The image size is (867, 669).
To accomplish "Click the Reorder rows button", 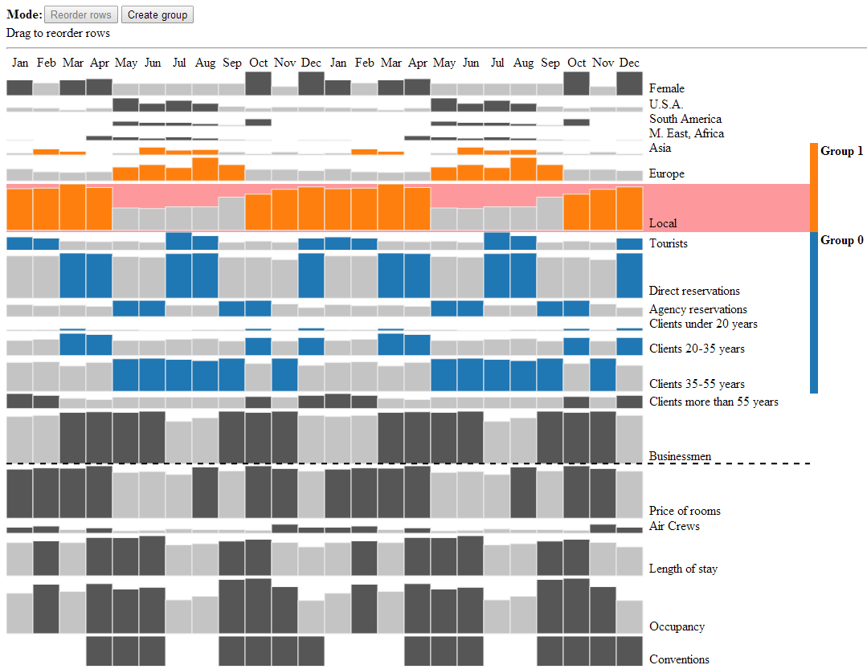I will [x=81, y=14].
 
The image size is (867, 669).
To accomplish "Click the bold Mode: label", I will [x=24, y=14].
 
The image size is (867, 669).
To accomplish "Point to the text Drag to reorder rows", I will [x=58, y=34].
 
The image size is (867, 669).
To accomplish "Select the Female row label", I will [x=667, y=88].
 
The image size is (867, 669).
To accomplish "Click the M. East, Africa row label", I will [x=686, y=133].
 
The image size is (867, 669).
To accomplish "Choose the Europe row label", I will [x=666, y=173].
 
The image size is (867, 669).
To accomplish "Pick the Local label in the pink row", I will [x=663, y=223].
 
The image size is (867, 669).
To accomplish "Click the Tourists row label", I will [x=669, y=243].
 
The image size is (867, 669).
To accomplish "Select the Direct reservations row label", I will [x=694, y=291].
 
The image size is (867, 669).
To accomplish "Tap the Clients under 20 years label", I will [x=703, y=324].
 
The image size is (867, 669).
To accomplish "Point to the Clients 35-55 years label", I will [x=697, y=384].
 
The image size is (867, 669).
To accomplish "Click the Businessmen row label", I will [x=680, y=456].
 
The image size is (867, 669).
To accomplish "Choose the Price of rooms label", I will [x=685, y=511].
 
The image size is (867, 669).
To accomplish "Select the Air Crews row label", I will [x=674, y=526].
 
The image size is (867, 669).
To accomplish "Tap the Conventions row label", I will [x=679, y=659].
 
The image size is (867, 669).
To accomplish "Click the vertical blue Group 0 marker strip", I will [x=814, y=313].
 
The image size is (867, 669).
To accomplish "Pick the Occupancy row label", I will [x=677, y=626].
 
